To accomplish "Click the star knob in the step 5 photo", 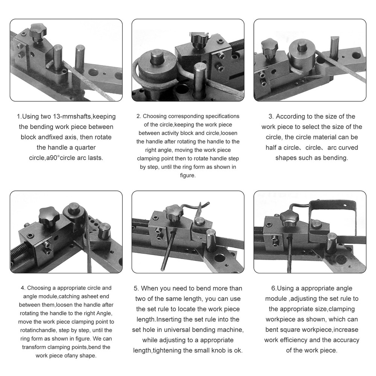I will click(x=174, y=213).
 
